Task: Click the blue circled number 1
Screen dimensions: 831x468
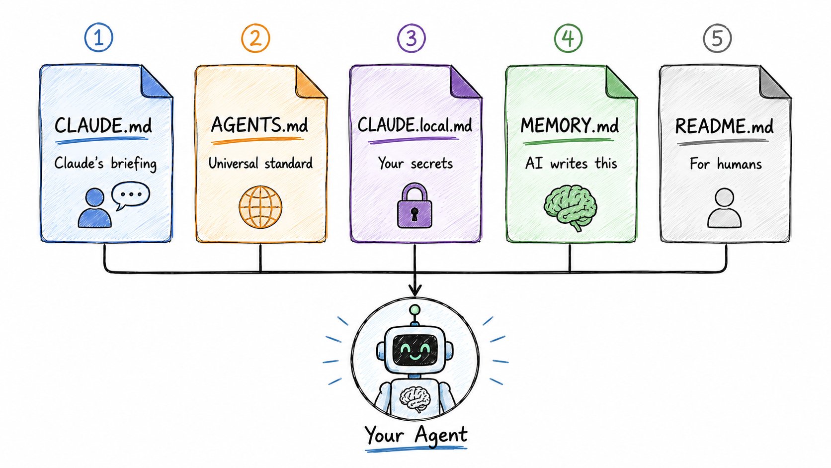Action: click(98, 37)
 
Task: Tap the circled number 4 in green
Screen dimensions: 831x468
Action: click(568, 38)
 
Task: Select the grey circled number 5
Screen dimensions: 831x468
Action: click(717, 38)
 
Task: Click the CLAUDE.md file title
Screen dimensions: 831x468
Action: click(103, 125)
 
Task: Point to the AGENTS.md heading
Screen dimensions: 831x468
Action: click(259, 125)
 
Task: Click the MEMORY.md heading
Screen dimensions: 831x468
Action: click(570, 125)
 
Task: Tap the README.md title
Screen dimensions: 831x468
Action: click(724, 126)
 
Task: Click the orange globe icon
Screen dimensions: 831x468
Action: click(260, 207)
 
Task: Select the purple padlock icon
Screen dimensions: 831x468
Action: click(415, 205)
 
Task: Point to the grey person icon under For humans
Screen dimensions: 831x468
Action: click(724, 208)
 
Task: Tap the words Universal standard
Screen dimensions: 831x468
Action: click(260, 163)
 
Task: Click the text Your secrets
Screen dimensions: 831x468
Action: click(415, 164)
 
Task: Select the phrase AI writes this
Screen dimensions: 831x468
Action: click(571, 164)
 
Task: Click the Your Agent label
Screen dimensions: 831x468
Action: click(415, 435)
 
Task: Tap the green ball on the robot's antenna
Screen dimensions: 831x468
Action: click(415, 309)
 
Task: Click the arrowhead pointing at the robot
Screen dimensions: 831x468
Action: click(415, 290)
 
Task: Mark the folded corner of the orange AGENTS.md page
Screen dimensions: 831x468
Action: click(310, 83)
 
